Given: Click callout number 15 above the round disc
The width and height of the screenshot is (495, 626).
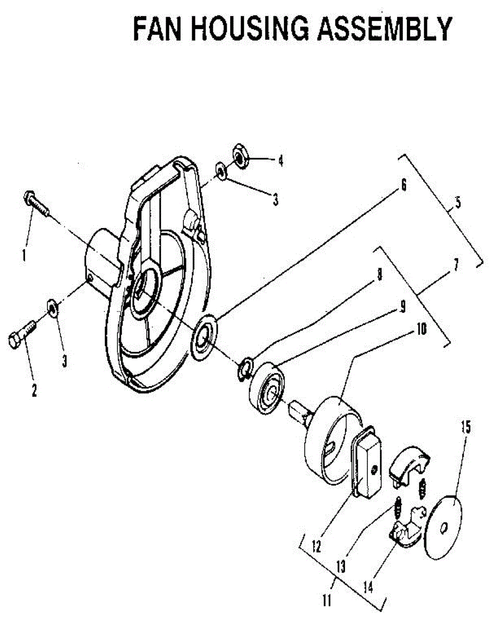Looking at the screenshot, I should (x=465, y=428).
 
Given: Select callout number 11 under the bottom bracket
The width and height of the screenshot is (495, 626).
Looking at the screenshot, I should (x=327, y=601).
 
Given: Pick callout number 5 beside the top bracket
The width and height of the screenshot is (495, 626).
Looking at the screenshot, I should (x=457, y=203).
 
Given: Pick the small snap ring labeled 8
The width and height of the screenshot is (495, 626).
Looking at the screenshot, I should (x=245, y=368).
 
